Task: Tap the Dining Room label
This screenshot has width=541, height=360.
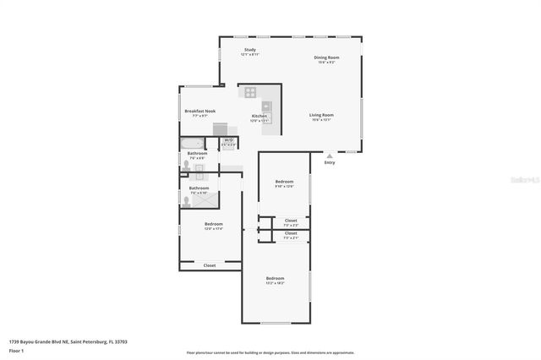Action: [326, 59]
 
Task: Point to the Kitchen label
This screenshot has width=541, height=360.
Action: [260, 117]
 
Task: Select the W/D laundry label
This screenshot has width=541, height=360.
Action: [228, 140]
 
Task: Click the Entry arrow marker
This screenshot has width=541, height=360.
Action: [330, 155]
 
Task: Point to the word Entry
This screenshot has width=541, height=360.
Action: [330, 163]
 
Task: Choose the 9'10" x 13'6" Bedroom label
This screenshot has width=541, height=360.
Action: [284, 183]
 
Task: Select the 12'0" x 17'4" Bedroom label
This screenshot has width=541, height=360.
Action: [213, 226]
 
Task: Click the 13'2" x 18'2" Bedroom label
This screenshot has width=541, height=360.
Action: [276, 280]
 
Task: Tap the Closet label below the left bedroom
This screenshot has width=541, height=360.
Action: [209, 265]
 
